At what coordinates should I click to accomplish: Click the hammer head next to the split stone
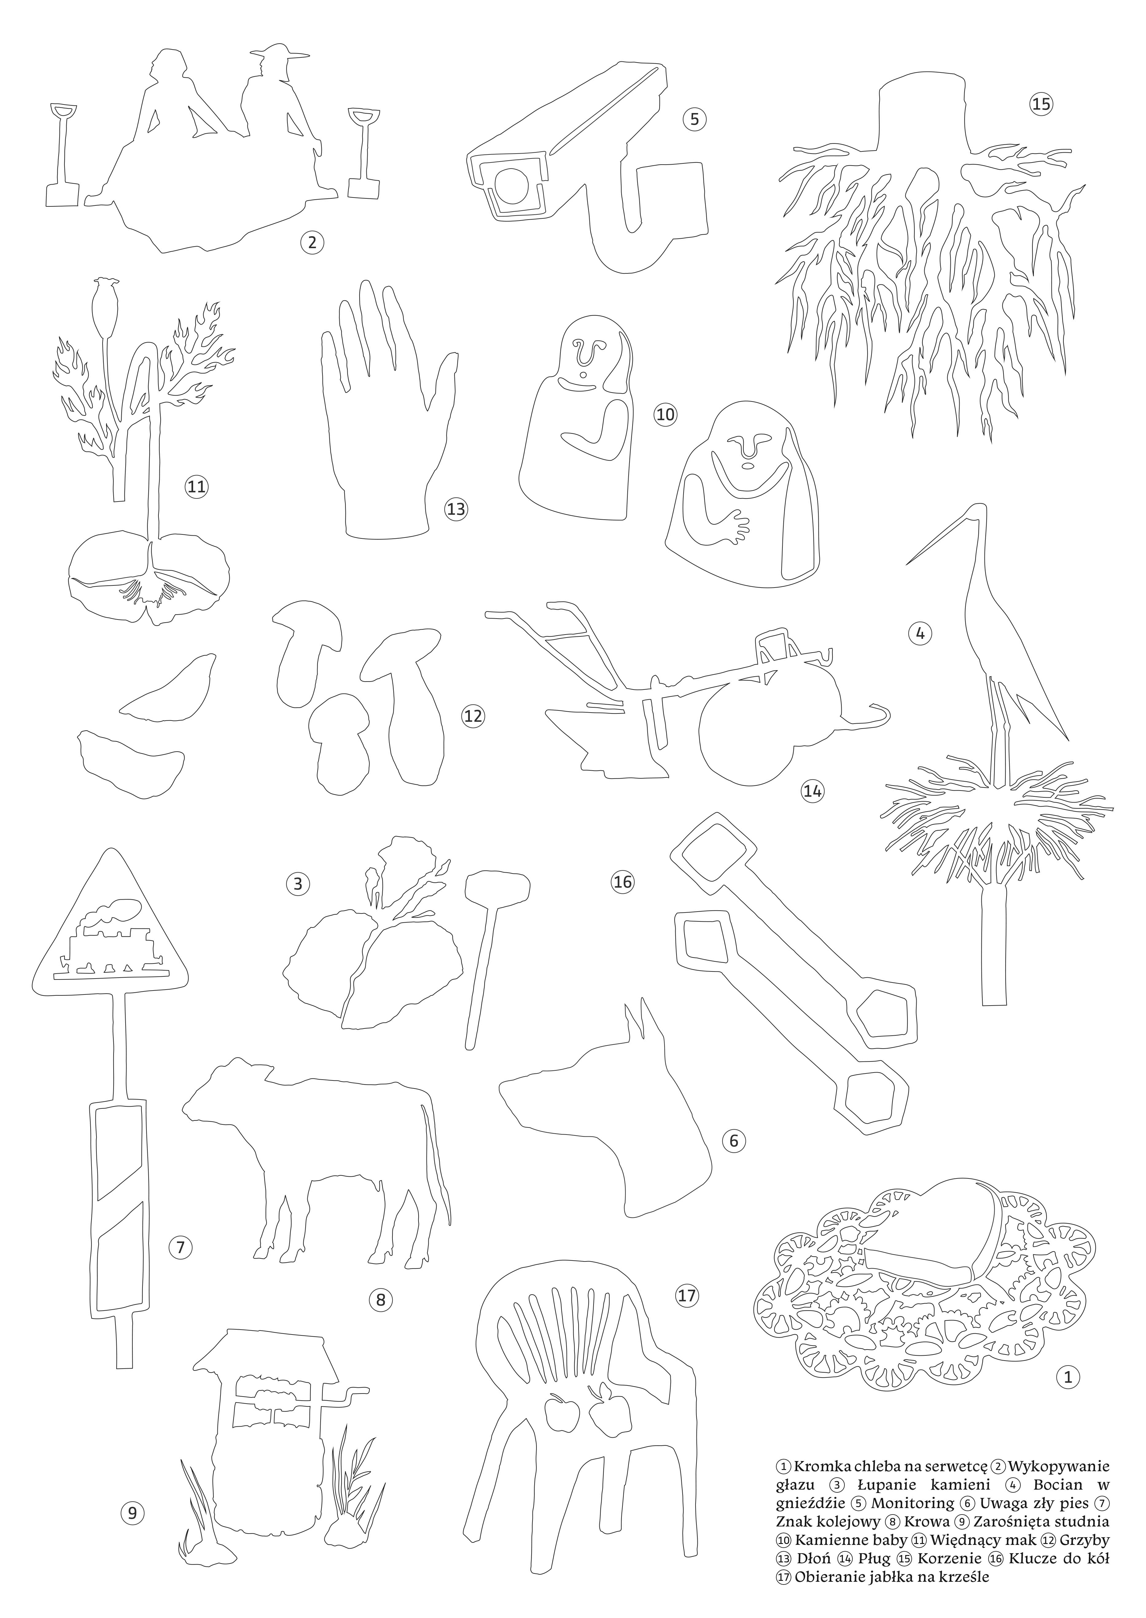(x=497, y=887)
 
